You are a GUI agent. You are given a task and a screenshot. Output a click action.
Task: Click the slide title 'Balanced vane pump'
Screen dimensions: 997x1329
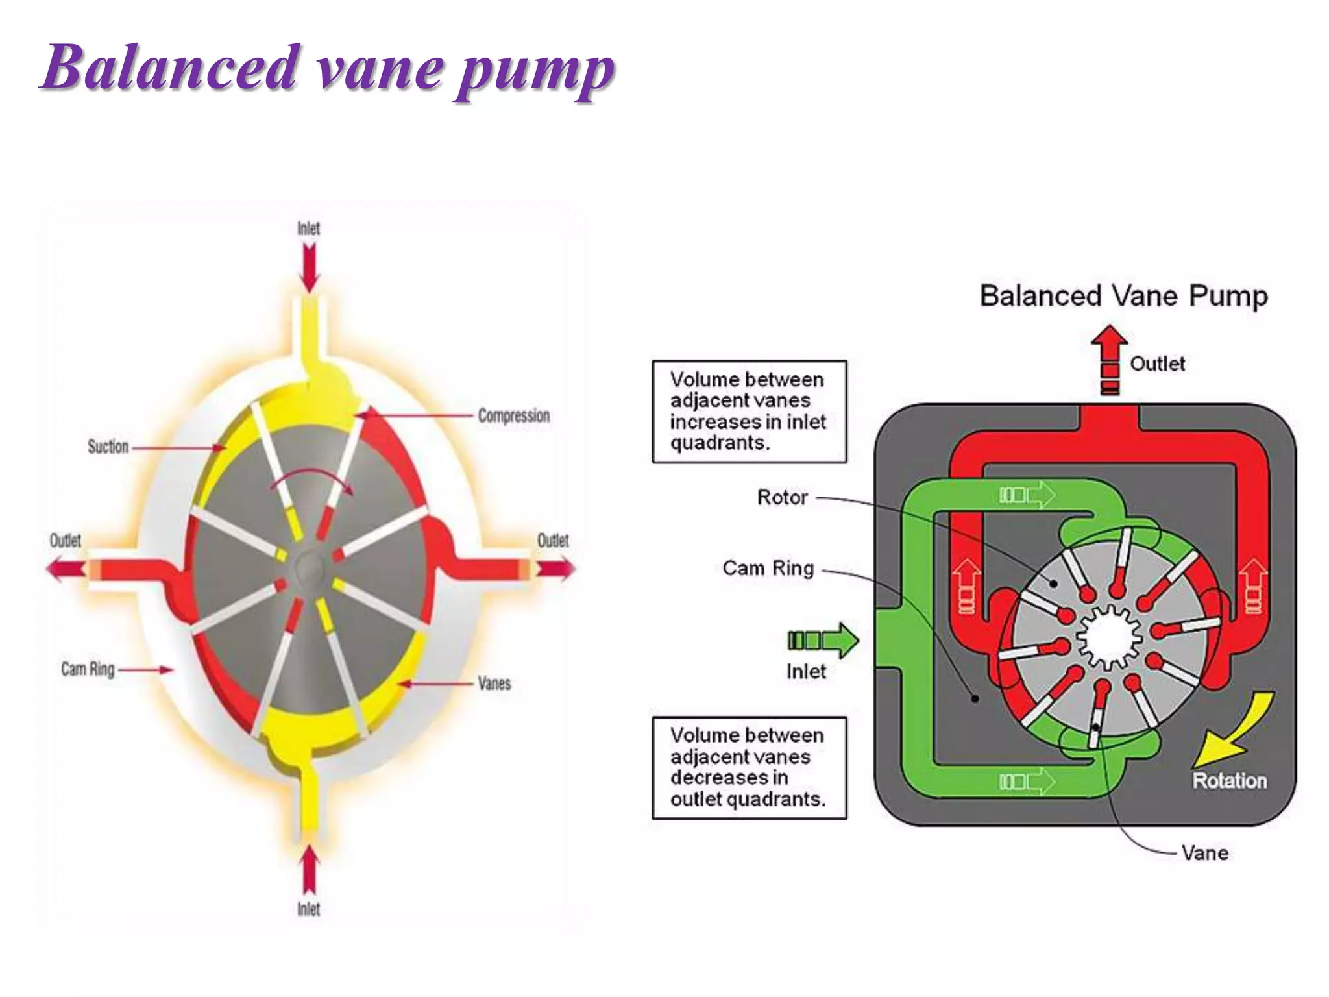(328, 68)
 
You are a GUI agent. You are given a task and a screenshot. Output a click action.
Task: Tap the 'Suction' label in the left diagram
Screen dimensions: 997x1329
(108, 447)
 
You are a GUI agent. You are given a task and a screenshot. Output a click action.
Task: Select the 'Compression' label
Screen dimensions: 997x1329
(513, 415)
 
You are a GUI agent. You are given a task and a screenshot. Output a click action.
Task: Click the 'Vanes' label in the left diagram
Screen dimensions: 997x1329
(494, 683)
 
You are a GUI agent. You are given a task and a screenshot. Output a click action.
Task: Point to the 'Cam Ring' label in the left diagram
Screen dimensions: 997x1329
(88, 669)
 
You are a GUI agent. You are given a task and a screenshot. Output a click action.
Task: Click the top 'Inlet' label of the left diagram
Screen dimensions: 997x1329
(309, 228)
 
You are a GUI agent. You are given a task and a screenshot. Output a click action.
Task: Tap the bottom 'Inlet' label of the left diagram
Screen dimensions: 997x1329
(309, 909)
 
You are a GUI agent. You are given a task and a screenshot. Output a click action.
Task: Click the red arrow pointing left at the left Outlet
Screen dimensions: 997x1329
(65, 569)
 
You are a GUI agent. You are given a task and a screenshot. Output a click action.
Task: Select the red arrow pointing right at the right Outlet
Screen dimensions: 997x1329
(555, 569)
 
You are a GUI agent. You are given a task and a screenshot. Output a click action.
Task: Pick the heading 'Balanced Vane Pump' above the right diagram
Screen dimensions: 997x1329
(1123, 296)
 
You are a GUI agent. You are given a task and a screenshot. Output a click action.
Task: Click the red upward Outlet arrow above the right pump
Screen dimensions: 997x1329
(1109, 359)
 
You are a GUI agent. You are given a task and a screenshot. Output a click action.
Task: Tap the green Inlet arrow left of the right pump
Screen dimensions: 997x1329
(823, 641)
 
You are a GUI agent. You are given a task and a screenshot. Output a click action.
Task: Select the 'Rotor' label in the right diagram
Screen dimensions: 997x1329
(782, 498)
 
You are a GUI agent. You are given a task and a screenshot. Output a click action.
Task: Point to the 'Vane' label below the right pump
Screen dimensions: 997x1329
(1204, 853)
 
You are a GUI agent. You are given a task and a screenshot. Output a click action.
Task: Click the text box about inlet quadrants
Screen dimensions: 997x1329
(749, 412)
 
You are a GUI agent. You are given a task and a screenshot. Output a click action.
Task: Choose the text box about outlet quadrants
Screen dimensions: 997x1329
(749, 767)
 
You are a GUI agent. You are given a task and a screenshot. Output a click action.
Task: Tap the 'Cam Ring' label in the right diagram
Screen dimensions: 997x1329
(768, 569)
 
